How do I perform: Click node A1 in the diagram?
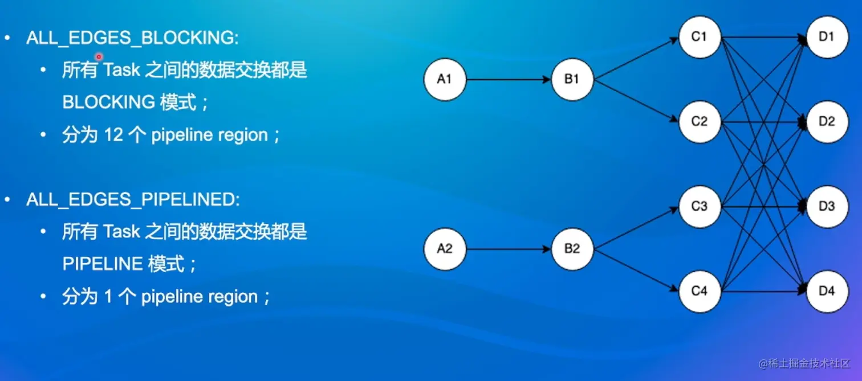tap(445, 80)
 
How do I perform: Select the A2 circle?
tap(445, 249)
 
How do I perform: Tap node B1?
tap(572, 80)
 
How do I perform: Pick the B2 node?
tap(572, 249)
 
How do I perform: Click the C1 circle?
tap(700, 37)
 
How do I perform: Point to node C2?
tap(700, 121)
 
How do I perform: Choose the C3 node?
tap(700, 206)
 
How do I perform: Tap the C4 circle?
tap(700, 291)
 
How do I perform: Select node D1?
tap(827, 37)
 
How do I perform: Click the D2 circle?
tap(827, 121)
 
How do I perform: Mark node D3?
tap(827, 206)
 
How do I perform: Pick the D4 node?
tap(827, 291)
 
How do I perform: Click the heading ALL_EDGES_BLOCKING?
tap(132, 38)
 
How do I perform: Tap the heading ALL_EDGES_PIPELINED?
tap(133, 200)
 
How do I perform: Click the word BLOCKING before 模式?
tap(108, 103)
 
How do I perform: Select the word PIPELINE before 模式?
tap(102, 264)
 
